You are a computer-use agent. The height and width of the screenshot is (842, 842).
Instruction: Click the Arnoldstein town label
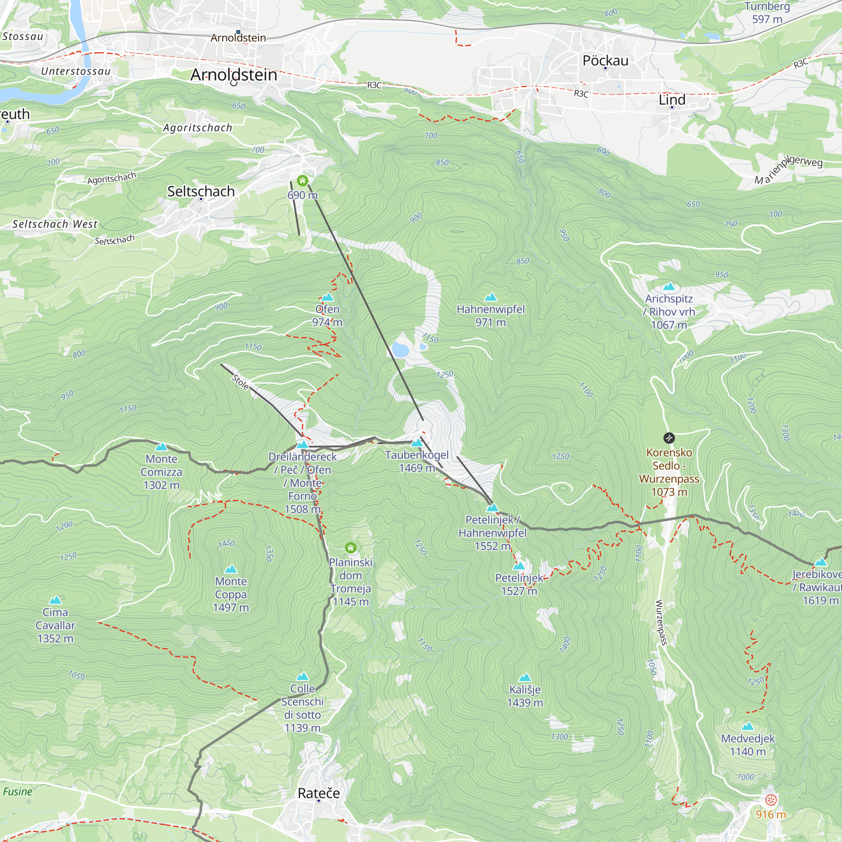coord(234,75)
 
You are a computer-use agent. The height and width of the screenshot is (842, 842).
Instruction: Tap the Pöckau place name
coord(605,60)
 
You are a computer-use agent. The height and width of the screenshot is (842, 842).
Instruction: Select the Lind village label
coord(671,100)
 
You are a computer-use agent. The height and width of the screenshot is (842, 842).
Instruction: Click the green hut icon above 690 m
coord(302,181)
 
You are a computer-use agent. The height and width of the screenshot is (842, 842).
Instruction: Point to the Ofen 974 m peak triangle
coord(327,297)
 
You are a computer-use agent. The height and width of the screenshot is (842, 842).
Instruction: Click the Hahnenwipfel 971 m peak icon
coord(491,297)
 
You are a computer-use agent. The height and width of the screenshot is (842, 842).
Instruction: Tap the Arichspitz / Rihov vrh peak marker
coord(669,287)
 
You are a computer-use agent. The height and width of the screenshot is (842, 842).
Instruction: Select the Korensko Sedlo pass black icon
coord(669,437)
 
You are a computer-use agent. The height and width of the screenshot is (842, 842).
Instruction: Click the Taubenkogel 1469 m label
coord(417,461)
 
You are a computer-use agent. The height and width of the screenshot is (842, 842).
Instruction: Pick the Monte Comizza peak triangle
coord(161,447)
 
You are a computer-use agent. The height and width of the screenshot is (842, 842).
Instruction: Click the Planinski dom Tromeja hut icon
coord(350,548)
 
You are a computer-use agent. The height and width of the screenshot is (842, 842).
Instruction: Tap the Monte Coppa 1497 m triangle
coord(231,569)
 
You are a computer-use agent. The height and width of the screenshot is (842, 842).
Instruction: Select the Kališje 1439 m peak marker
coord(525,677)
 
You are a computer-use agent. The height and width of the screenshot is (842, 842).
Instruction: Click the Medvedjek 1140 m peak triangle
coord(747,726)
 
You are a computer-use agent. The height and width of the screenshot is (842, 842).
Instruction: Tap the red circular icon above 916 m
coord(770,800)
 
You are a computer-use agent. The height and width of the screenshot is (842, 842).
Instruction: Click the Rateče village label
coord(319,793)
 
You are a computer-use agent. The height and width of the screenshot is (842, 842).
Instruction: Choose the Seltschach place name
coord(201,191)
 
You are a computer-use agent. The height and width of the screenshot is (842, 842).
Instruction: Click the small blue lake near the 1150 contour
coord(400,349)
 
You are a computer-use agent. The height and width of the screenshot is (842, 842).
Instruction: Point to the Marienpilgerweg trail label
coord(789,170)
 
